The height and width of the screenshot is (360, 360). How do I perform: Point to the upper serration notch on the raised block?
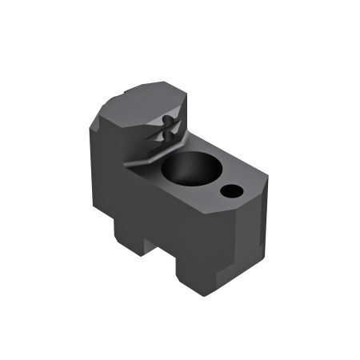pos(166,120)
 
